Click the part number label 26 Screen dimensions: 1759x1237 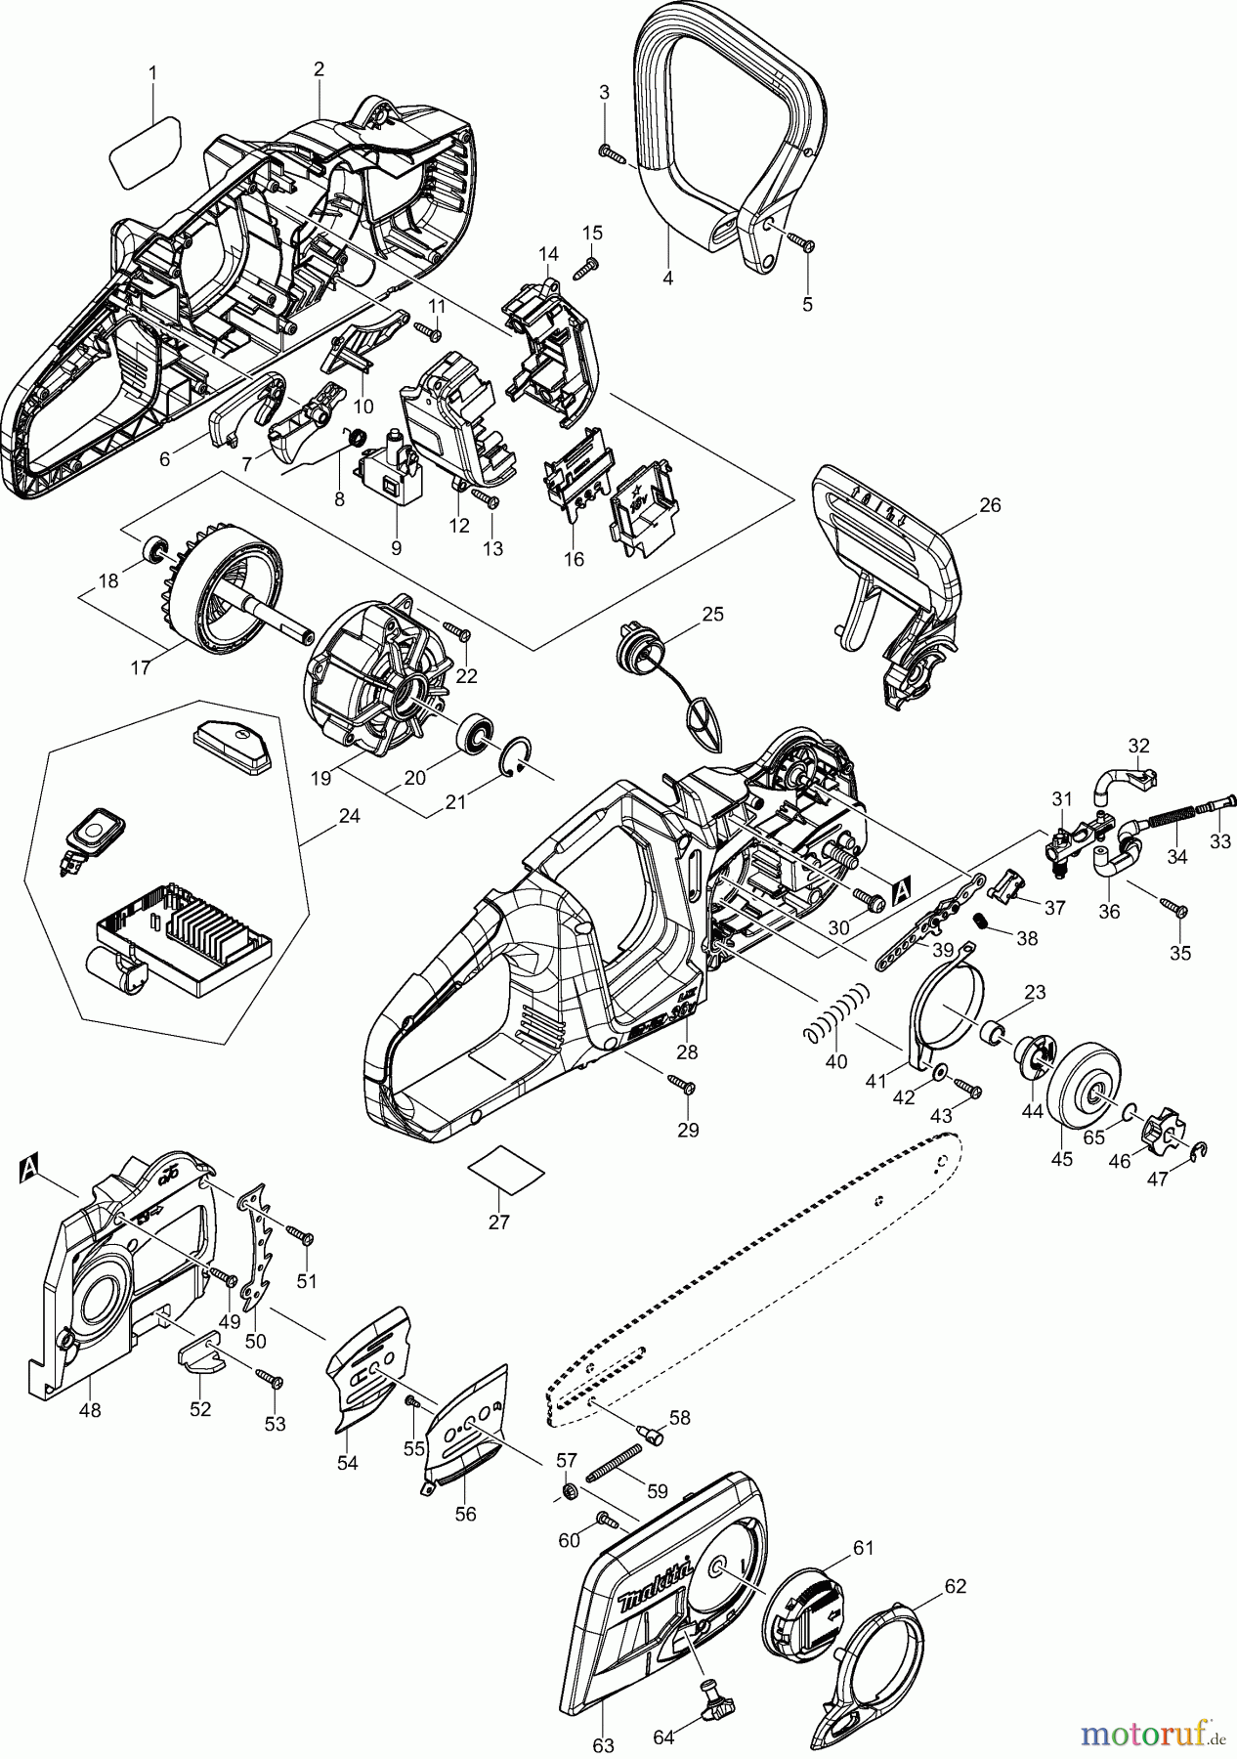coord(990,505)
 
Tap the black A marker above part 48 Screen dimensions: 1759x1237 coord(31,1165)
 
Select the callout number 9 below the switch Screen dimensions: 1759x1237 coord(396,548)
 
